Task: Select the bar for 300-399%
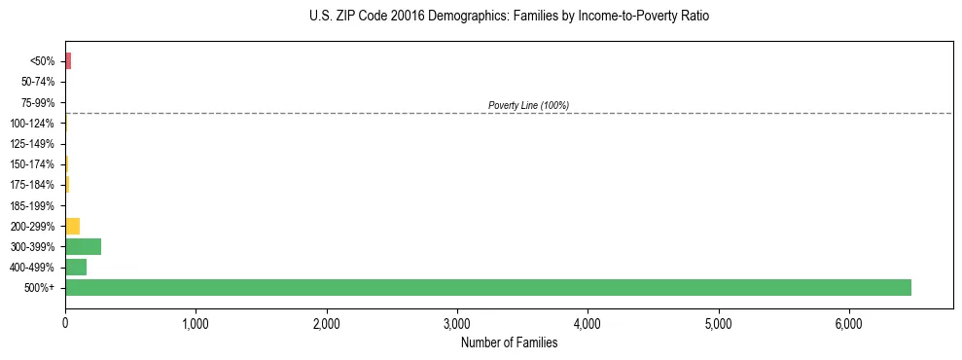click(x=83, y=246)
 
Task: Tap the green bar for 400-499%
click(x=76, y=267)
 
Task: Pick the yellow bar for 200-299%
click(x=72, y=226)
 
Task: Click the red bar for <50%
click(x=68, y=61)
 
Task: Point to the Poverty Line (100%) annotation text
click(x=528, y=105)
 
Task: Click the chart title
click(x=509, y=17)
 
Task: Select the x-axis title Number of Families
click(x=509, y=342)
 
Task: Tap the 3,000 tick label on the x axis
click(x=457, y=323)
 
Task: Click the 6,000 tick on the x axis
click(x=848, y=323)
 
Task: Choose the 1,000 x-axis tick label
click(x=196, y=323)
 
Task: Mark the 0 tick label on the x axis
click(x=65, y=323)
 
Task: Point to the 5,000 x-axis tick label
click(x=718, y=323)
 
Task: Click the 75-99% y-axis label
click(x=38, y=102)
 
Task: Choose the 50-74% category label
click(x=38, y=82)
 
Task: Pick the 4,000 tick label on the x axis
click(x=588, y=323)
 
